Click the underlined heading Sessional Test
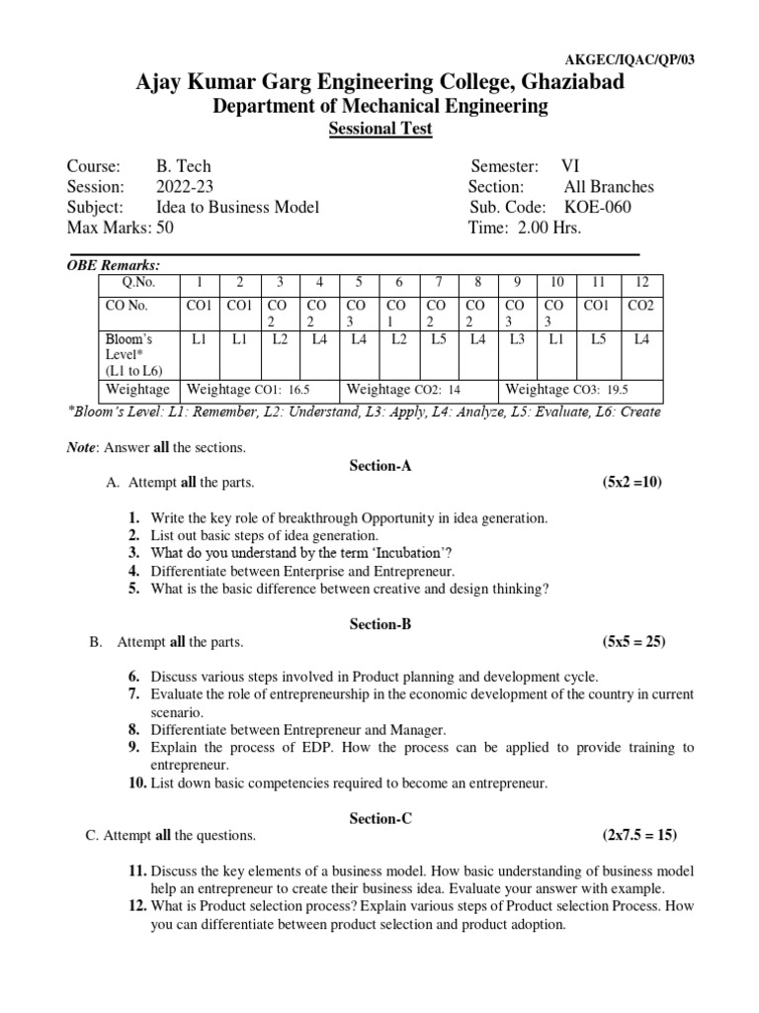point(380,130)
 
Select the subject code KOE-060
point(597,207)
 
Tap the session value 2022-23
point(184,186)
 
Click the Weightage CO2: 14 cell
point(404,390)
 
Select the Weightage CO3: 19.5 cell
point(568,390)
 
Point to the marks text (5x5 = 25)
point(633,641)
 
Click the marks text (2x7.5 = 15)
point(639,835)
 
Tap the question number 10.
point(136,783)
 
